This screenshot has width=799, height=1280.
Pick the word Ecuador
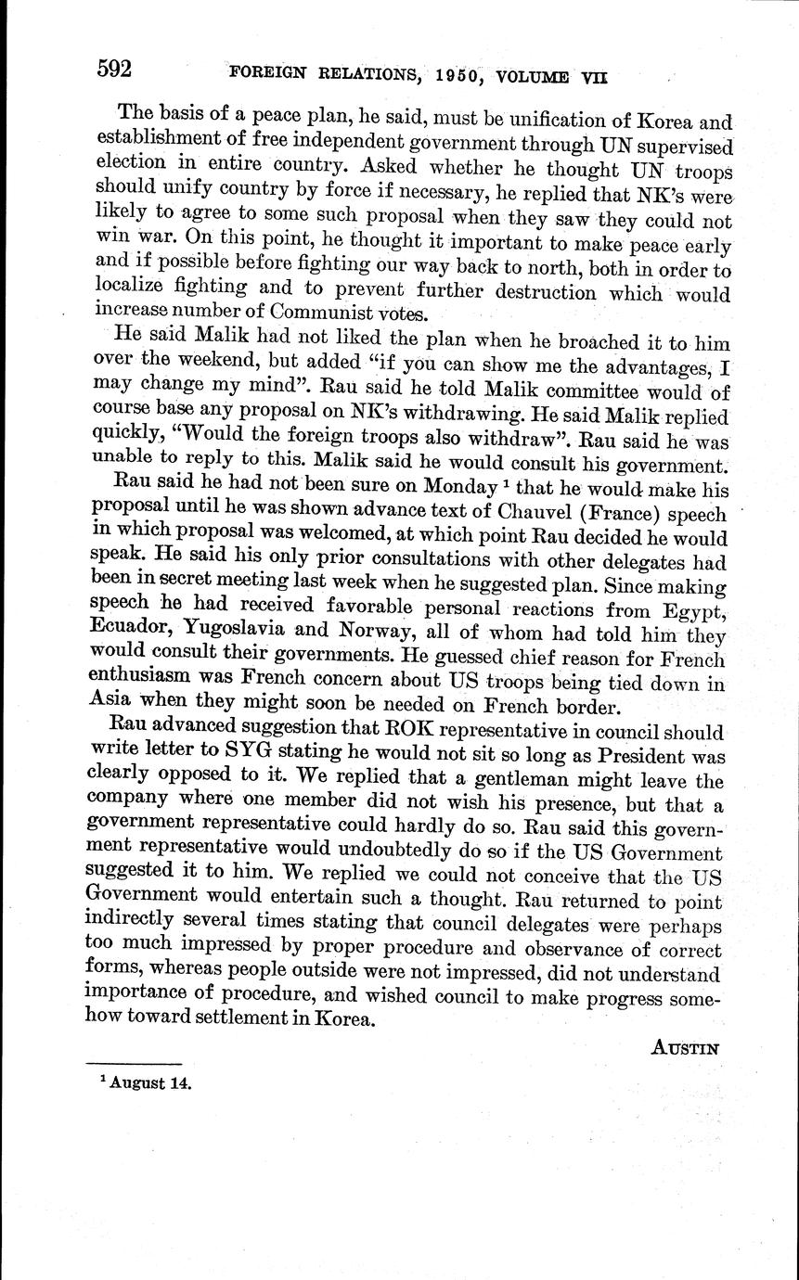(x=135, y=634)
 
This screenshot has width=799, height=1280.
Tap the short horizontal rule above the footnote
(x=133, y=1063)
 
